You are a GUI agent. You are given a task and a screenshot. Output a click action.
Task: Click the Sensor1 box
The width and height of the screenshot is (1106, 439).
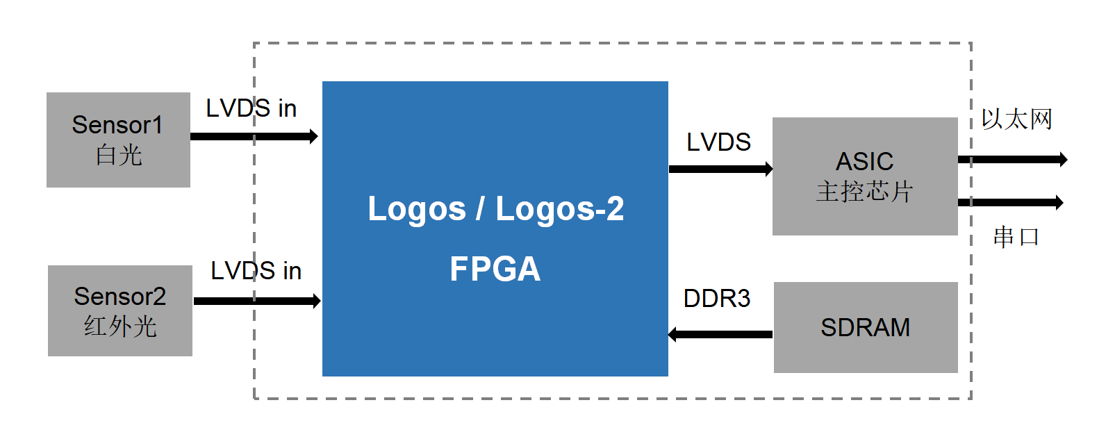click(x=118, y=140)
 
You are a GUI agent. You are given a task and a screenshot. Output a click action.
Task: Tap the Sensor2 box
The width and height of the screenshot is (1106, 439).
click(x=119, y=310)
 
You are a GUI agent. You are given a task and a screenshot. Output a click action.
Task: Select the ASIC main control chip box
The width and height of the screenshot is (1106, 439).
click(x=865, y=176)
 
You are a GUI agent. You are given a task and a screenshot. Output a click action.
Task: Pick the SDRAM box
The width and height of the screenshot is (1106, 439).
click(x=866, y=327)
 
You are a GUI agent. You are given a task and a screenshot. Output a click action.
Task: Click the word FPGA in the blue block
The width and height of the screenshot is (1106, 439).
click(x=495, y=269)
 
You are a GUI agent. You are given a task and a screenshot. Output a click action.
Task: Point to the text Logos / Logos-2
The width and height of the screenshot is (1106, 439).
click(x=495, y=208)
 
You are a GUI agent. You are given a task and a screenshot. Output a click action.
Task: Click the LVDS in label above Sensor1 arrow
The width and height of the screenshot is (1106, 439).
click(x=251, y=108)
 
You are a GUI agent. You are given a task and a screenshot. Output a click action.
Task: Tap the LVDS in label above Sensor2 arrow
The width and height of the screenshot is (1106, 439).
click(x=256, y=271)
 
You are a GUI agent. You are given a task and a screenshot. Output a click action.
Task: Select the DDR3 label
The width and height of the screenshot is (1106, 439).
click(x=716, y=299)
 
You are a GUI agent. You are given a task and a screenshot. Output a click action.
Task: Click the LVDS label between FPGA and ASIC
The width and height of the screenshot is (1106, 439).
click(x=718, y=142)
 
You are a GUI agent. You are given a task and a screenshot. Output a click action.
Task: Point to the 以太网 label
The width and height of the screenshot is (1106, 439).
click(x=1016, y=119)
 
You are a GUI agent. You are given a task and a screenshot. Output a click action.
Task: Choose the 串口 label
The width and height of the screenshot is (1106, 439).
click(x=1016, y=238)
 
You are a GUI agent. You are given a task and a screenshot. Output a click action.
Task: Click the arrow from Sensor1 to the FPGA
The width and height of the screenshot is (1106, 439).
click(x=254, y=136)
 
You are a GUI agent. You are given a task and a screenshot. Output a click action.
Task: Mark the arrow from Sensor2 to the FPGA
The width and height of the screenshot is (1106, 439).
click(x=257, y=301)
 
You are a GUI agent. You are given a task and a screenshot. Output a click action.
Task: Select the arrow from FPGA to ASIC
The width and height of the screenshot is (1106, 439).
click(x=720, y=169)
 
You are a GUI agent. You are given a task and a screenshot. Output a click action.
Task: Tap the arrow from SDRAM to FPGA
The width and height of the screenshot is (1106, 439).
click(x=720, y=334)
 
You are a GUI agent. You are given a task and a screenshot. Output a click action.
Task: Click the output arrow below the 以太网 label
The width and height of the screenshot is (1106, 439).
click(x=1012, y=160)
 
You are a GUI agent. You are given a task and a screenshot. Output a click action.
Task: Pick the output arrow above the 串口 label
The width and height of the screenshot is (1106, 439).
click(x=1010, y=202)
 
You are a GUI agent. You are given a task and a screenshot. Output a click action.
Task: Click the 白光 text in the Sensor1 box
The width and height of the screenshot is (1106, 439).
click(x=119, y=155)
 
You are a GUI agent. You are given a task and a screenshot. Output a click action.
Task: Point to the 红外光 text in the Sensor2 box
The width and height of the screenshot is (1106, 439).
click(x=120, y=326)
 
